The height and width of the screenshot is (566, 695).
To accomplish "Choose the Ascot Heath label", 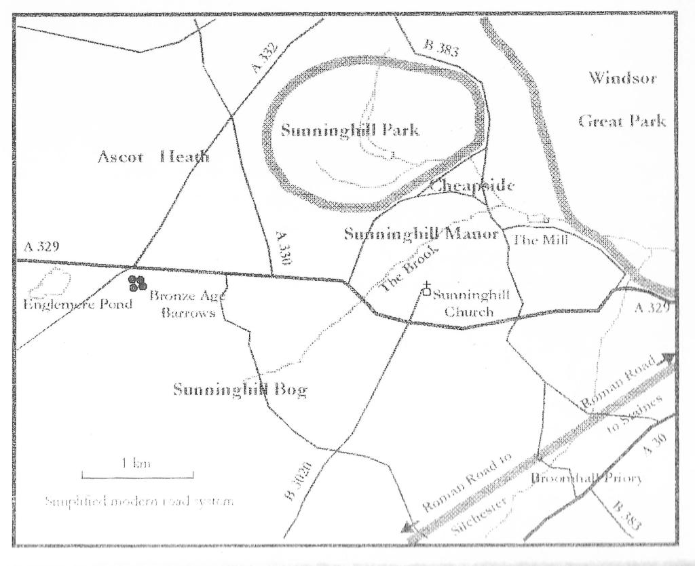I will tap(153, 158).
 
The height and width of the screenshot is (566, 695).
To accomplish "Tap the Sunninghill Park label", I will tap(350, 130).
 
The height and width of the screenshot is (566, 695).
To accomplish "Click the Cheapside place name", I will tap(472, 185).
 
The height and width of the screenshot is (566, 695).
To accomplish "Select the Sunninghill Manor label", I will tap(421, 235).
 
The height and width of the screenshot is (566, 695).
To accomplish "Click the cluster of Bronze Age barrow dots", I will tap(138, 282).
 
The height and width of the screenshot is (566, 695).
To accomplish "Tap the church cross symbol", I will tap(426, 286).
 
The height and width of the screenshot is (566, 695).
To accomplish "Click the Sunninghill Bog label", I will tap(240, 390).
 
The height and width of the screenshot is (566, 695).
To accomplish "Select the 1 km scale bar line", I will tap(137, 475).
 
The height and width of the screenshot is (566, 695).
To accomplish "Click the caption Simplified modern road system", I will tap(139, 502).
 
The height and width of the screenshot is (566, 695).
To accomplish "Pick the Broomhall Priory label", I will tap(586, 478).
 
